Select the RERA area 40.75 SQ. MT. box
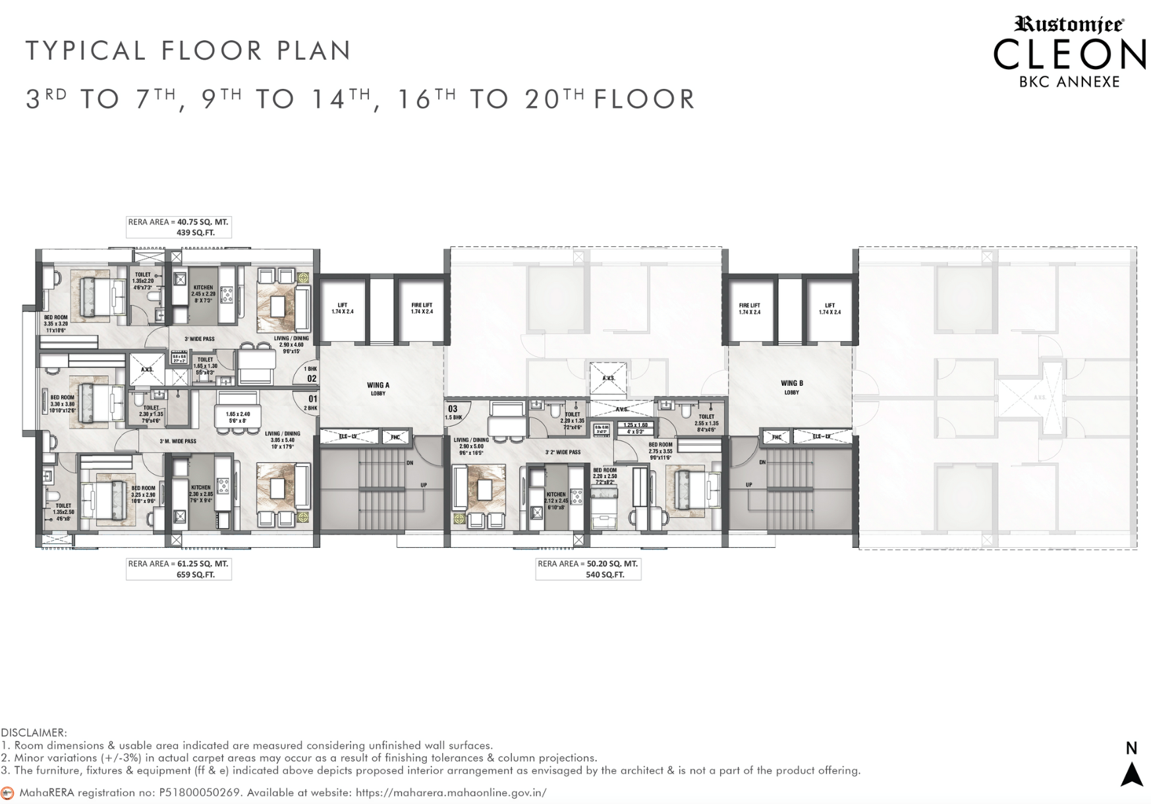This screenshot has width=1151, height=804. (x=179, y=227)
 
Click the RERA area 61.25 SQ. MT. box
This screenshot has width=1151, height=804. (x=179, y=569)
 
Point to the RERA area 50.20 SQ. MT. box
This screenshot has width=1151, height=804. (x=588, y=569)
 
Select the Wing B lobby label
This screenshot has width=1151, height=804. (x=791, y=387)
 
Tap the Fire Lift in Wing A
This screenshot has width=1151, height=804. (x=422, y=308)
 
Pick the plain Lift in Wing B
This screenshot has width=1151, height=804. (x=829, y=308)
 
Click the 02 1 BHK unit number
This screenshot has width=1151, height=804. (x=311, y=375)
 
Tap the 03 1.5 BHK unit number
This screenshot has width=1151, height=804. (x=453, y=412)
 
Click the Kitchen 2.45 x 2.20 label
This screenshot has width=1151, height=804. (x=203, y=294)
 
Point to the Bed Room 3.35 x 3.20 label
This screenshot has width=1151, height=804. (x=56, y=323)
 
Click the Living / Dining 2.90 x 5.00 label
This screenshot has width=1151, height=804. (x=471, y=446)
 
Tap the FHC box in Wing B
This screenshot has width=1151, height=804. (x=776, y=437)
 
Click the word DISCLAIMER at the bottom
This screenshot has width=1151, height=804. (x=34, y=732)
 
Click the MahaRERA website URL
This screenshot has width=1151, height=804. (x=451, y=792)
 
